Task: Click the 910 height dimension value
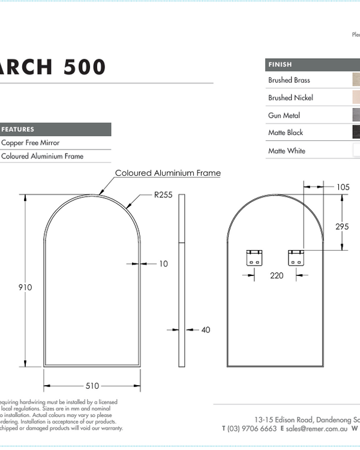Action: pos(25,287)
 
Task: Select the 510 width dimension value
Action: pos(92,386)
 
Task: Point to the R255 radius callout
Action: pos(164,195)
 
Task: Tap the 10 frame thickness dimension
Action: pos(163,263)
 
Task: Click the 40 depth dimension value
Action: pos(206,329)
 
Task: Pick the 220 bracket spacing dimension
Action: pos(276,276)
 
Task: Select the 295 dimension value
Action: pos(343,226)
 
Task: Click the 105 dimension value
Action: pos(343,187)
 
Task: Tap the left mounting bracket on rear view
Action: pos(254,258)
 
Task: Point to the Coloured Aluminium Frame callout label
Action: pos(168,173)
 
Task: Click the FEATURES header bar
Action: pos(55,129)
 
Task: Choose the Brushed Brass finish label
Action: pos(289,80)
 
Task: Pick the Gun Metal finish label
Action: pos(284,115)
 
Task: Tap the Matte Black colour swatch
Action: pos(356,133)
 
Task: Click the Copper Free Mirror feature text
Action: pos(31,143)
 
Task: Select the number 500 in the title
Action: pos(83,67)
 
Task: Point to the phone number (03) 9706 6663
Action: pos(252,428)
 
